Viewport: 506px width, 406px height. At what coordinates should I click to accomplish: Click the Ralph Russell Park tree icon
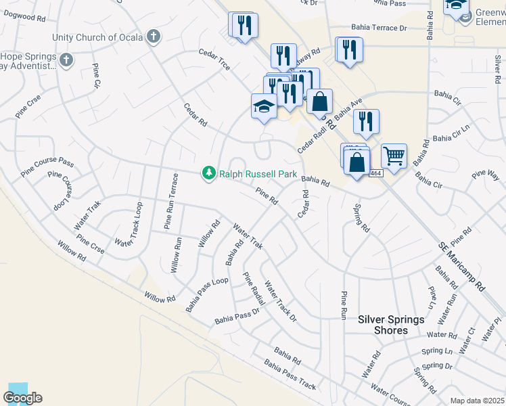(209, 174)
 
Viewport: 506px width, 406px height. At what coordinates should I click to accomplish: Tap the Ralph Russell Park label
(258, 174)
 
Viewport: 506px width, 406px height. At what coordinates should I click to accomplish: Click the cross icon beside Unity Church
(154, 36)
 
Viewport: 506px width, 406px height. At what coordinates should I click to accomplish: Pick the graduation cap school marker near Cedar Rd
(264, 106)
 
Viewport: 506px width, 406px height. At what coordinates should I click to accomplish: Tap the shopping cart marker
(394, 156)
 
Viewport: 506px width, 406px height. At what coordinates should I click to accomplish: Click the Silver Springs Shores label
(392, 325)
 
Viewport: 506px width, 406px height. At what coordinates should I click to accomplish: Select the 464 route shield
(376, 174)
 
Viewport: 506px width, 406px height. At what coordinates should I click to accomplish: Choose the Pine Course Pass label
(47, 163)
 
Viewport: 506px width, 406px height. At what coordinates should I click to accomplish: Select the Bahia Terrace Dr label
(379, 28)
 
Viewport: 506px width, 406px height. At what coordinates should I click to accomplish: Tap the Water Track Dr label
(281, 300)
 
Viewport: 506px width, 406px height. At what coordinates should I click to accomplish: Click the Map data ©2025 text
(477, 401)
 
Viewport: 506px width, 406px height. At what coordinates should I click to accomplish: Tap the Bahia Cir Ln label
(451, 134)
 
